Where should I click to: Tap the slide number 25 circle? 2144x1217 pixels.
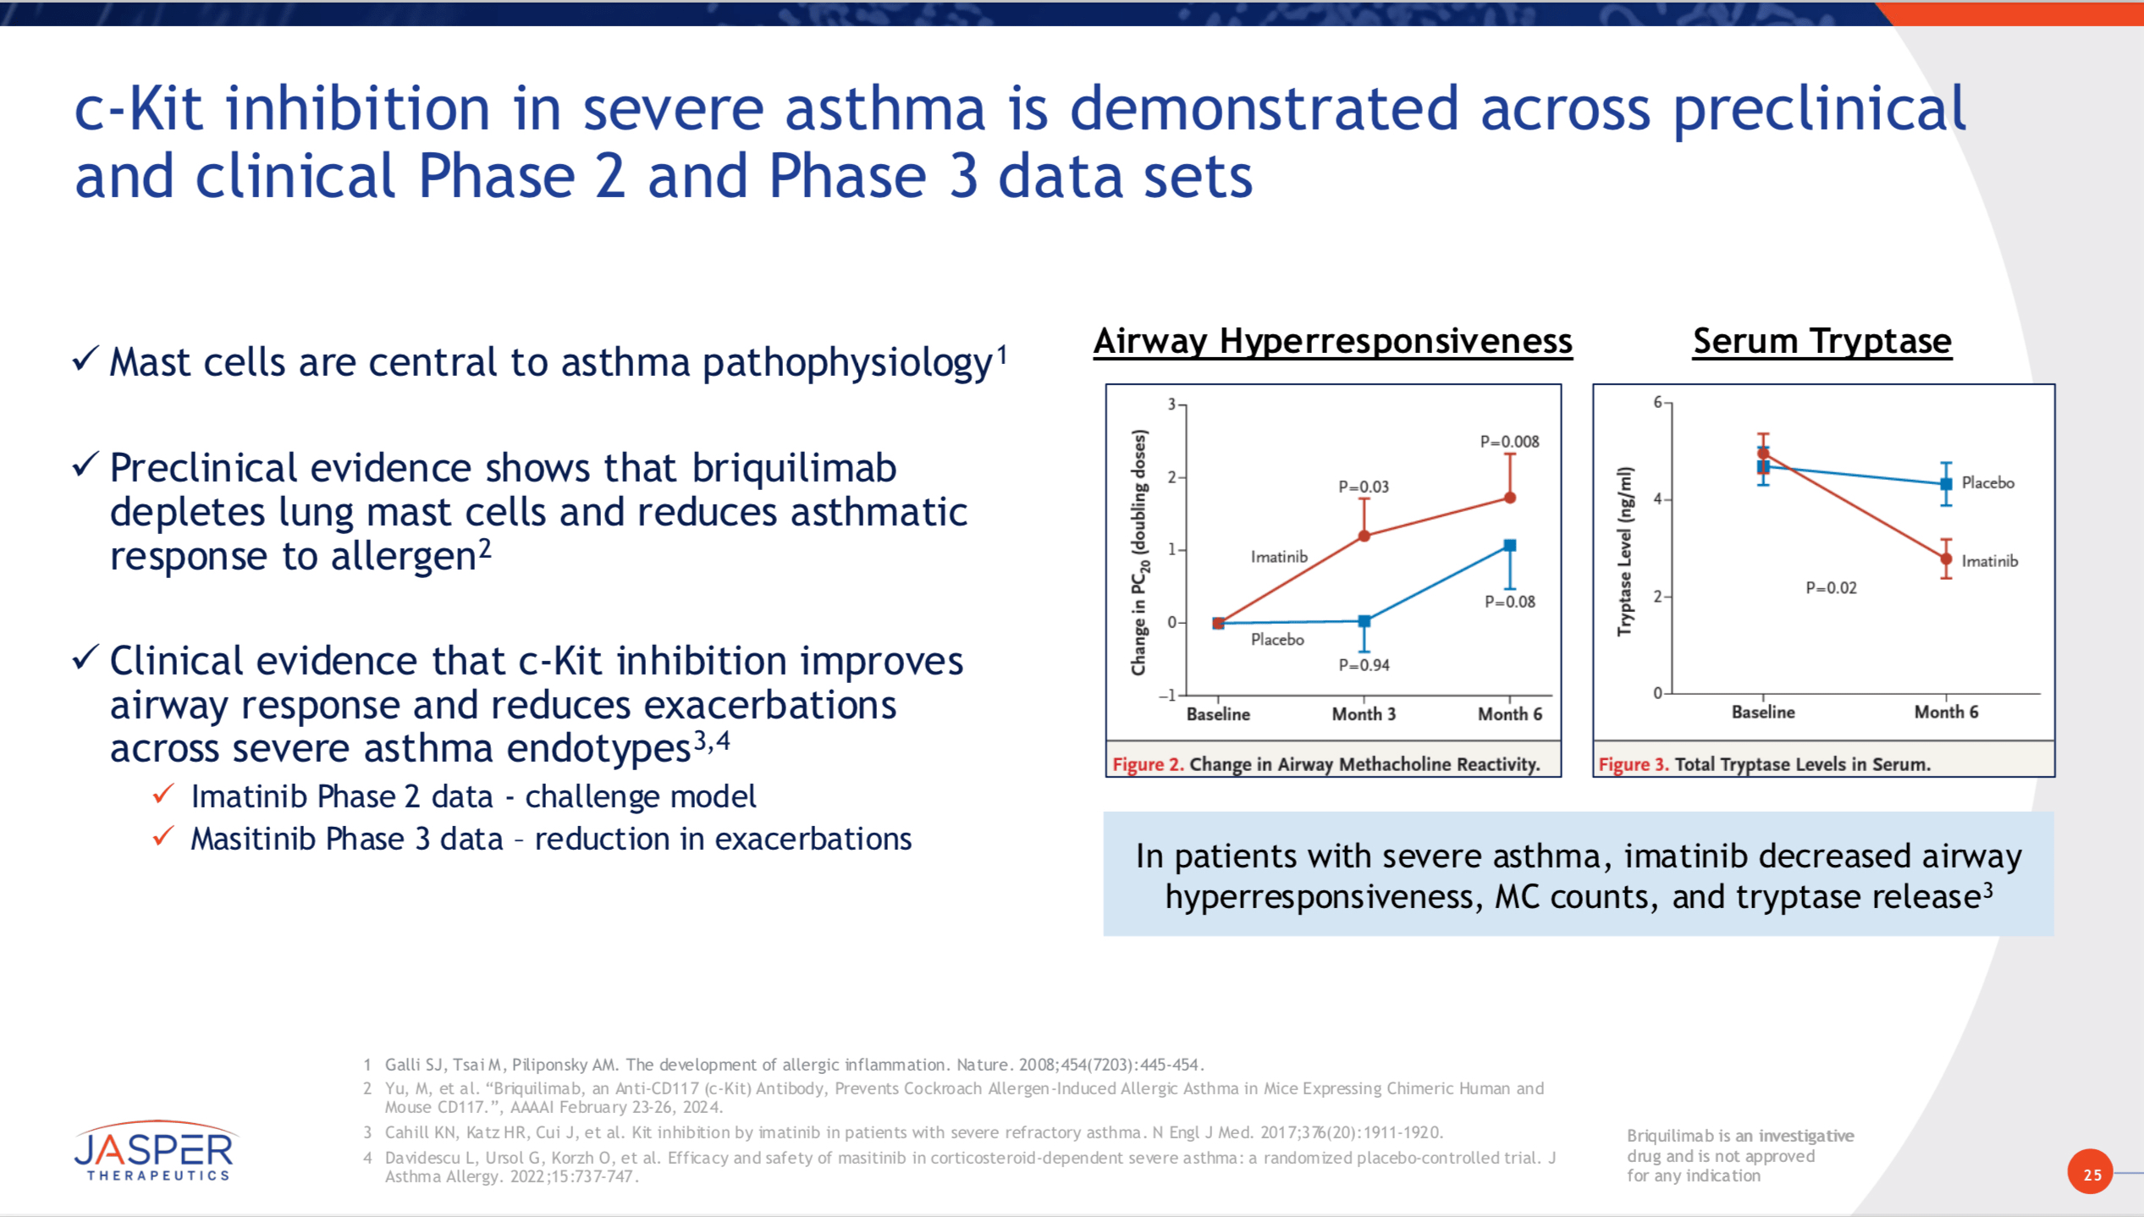point(2091,1173)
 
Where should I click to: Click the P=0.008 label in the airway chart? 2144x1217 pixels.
point(1509,442)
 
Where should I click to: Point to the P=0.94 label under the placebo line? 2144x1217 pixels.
point(1364,665)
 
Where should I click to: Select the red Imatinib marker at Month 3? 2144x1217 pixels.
point(1364,536)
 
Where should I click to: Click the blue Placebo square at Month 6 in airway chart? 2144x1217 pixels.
point(1510,546)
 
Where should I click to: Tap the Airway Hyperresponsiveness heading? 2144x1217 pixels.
point(1332,341)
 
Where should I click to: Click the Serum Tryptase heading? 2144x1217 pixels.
point(1822,341)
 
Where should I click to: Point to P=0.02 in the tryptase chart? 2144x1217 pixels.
point(1831,588)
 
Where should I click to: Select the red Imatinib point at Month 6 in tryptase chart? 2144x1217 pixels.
point(1946,559)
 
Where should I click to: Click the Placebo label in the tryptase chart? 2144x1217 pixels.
point(1987,482)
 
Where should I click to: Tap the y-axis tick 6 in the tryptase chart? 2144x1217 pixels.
point(1658,402)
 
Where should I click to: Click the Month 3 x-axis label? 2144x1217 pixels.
point(1364,714)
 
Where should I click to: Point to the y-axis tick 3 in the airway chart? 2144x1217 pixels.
point(1172,405)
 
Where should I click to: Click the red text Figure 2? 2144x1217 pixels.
point(1147,764)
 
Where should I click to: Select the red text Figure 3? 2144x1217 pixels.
point(1633,764)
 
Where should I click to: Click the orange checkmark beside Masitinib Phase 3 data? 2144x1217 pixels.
point(163,836)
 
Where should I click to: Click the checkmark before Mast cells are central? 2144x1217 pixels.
point(85,359)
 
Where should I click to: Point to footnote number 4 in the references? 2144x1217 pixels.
point(367,1157)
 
